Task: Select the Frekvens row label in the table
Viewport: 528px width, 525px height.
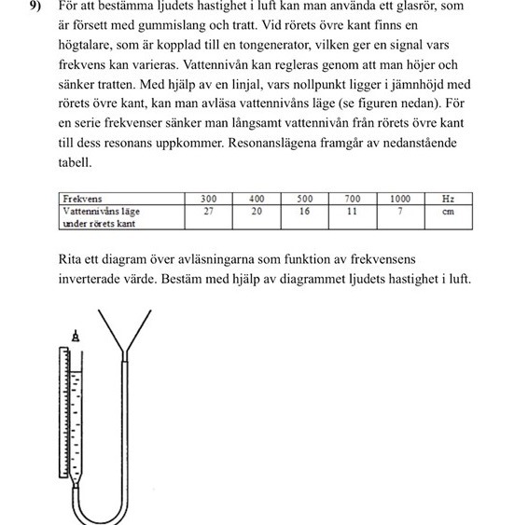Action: [x=82, y=199]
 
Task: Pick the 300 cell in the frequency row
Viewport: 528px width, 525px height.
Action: [x=208, y=199]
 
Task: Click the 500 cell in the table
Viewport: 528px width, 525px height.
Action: [x=304, y=199]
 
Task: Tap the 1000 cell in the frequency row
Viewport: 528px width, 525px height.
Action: [x=400, y=199]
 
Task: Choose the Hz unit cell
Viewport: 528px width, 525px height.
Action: [x=448, y=199]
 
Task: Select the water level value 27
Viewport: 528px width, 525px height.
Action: [x=208, y=211]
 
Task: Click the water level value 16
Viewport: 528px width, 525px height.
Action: [x=304, y=211]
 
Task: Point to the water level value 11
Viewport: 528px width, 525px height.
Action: [x=353, y=211]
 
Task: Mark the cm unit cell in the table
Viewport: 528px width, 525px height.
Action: [x=448, y=211]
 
